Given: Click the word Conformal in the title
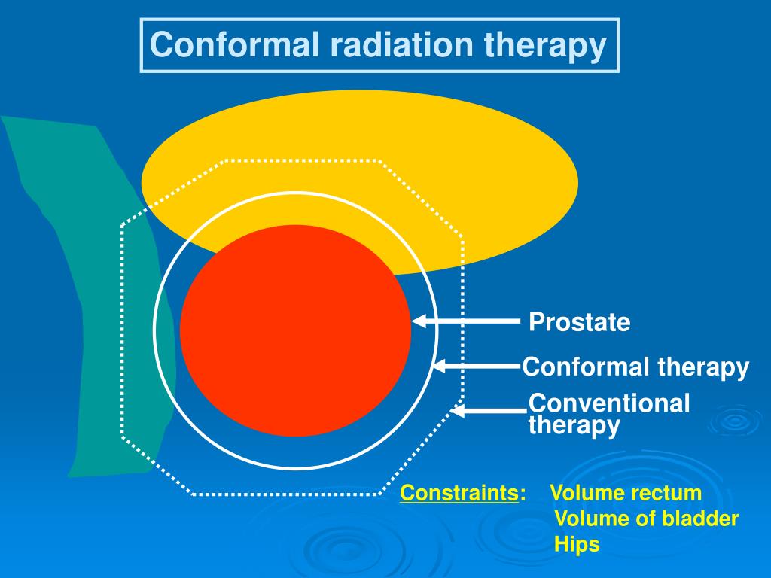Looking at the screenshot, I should point(234,45).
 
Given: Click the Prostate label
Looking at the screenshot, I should point(579,323).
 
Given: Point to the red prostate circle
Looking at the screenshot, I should point(295,331).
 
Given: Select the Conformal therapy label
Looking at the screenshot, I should point(635,367).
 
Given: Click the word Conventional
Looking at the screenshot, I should point(609,403).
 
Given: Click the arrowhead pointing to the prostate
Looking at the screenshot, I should point(419,322).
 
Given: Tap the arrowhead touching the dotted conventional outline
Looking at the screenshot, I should point(459,411).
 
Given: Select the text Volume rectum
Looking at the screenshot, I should point(626,494).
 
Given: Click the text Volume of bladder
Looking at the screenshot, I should point(646,519).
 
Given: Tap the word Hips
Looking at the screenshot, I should point(577,544).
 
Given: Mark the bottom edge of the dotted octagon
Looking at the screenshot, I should point(286,494).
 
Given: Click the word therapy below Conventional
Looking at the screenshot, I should point(574,426).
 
